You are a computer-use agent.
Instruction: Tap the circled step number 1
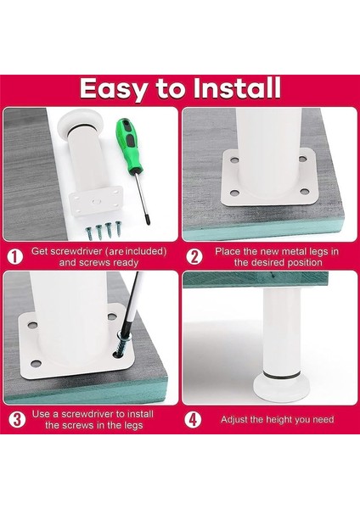pos(14,256)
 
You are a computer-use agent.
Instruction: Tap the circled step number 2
pos(195,256)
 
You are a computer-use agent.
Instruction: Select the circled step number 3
pos(14,419)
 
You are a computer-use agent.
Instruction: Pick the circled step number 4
pos(195,419)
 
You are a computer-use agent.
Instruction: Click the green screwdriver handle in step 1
pos(128,136)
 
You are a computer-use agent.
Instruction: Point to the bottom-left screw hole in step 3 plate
pos(35,365)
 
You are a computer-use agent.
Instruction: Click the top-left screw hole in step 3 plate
pos(32,324)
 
